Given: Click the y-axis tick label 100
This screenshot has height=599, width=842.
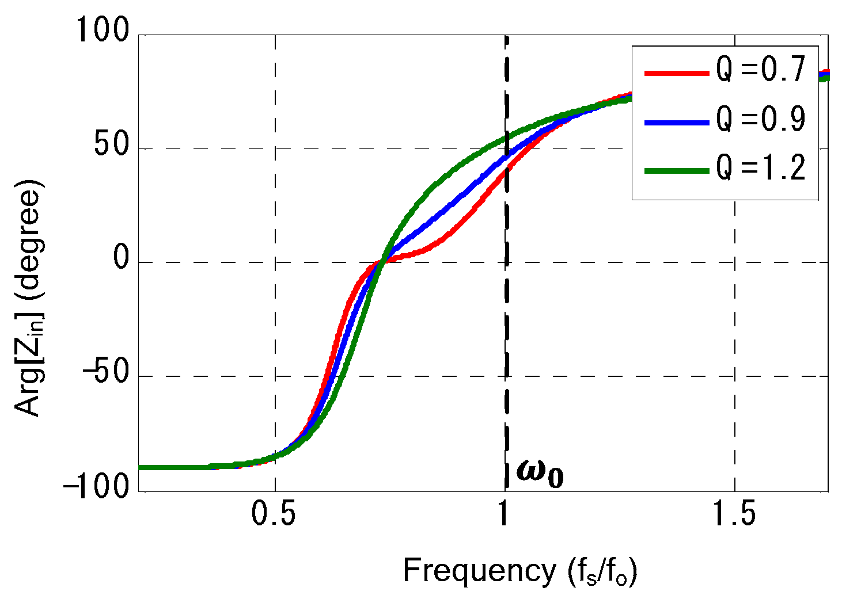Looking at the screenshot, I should coord(104,30).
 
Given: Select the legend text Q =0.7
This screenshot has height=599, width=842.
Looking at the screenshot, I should coord(760,71).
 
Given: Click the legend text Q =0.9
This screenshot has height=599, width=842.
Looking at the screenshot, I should coord(760,120).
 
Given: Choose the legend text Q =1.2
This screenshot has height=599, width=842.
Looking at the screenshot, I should coord(760,169).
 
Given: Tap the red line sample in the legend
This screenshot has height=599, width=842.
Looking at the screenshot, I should coord(676,73).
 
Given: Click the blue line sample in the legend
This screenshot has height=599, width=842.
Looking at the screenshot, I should coord(676,122).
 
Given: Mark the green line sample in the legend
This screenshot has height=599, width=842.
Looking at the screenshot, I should coord(676,171).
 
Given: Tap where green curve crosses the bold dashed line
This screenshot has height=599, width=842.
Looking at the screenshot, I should coord(506,138).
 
